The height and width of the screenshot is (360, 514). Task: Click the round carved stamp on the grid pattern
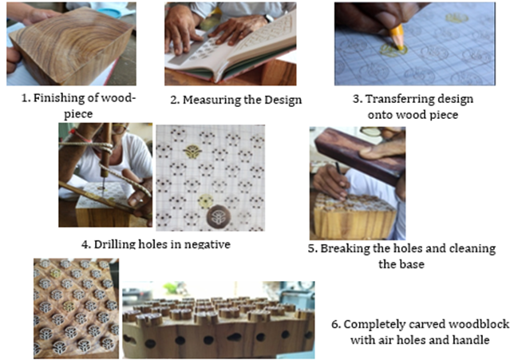[x=219, y=216]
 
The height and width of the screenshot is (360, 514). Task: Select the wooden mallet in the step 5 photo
[x=360, y=155]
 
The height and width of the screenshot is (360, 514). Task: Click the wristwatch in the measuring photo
[x=268, y=18]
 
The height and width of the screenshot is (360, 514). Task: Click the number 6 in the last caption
[x=335, y=324]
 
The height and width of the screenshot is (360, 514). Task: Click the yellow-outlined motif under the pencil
[x=393, y=50]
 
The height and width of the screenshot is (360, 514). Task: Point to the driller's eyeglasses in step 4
[x=120, y=129]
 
